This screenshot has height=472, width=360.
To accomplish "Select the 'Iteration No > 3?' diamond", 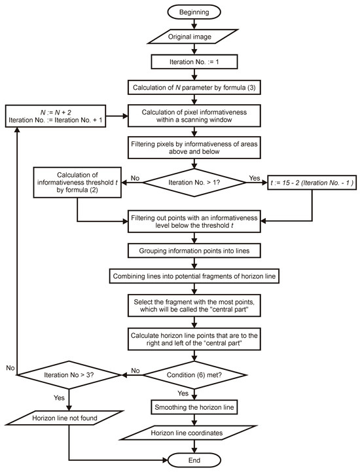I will [68, 376].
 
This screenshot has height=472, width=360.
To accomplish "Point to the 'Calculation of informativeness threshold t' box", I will [78, 183].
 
